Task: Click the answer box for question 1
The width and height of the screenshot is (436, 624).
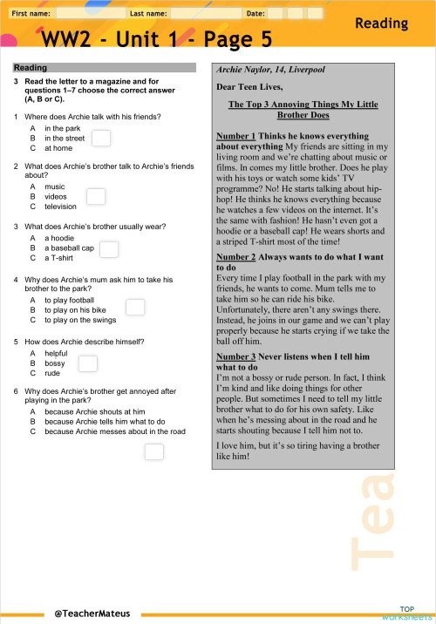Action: click(101, 138)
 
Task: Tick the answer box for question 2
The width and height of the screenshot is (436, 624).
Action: click(96, 197)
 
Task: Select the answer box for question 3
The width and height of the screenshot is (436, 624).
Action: click(109, 250)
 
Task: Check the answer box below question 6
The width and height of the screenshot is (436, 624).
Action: click(154, 451)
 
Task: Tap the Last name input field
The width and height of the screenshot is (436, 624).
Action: click(205, 14)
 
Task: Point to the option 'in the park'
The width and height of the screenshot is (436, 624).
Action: click(62, 128)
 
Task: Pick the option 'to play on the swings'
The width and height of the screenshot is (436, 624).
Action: click(80, 320)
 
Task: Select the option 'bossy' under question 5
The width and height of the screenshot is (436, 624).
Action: click(55, 363)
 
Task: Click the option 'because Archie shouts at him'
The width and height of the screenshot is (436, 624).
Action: click(94, 410)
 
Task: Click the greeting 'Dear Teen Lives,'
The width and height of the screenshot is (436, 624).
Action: click(250, 87)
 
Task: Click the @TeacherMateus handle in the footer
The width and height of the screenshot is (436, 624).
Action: click(92, 614)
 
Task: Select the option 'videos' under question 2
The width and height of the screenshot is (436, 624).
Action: click(56, 197)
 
